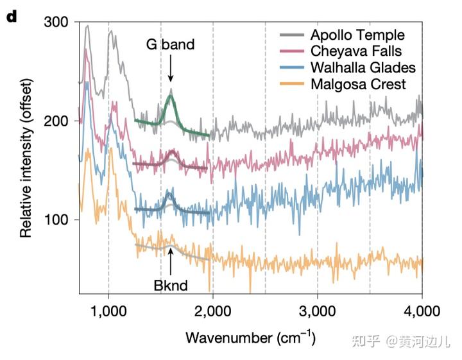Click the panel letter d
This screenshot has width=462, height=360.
pyautogui.click(x=11, y=15)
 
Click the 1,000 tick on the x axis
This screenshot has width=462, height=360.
pyautogui.click(x=108, y=312)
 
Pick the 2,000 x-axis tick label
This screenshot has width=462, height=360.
pyautogui.click(x=212, y=312)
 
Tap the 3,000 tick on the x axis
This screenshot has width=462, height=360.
pyautogui.click(x=317, y=312)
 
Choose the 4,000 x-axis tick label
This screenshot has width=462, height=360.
pyautogui.click(x=421, y=312)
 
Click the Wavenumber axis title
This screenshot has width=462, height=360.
pyautogui.click(x=250, y=336)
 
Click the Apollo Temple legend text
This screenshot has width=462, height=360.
pyautogui.click(x=357, y=34)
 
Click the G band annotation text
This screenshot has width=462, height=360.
pyautogui.click(x=169, y=45)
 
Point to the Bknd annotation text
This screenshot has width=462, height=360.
pyautogui.click(x=170, y=285)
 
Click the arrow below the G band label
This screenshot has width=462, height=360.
pyautogui.click(x=170, y=68)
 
